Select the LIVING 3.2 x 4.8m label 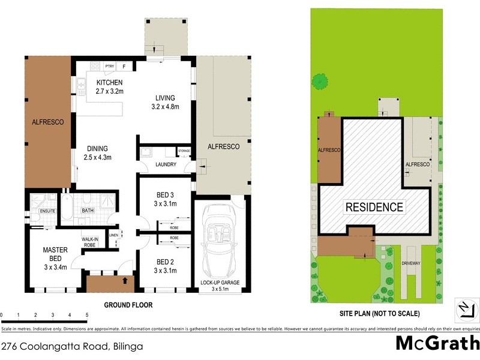click(164, 102)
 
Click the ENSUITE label click(47, 211)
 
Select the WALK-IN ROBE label click(91, 242)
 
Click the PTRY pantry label click(110, 66)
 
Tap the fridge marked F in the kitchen click(124, 66)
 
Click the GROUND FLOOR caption click(128, 305)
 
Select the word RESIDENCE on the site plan click(374, 208)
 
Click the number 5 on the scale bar click(87, 315)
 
